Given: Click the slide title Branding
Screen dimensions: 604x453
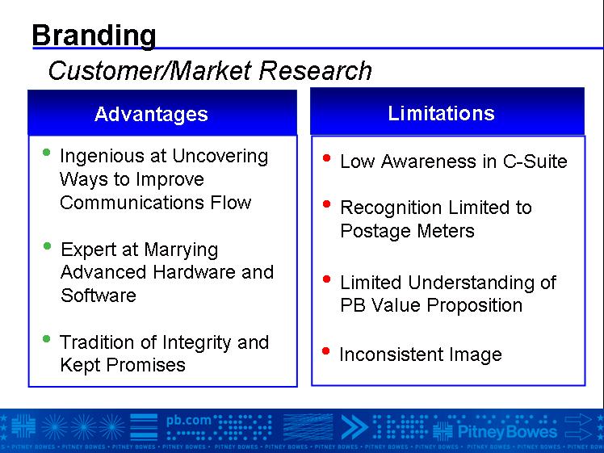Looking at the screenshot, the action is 94,36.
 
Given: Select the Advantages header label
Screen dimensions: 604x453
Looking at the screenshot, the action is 151,115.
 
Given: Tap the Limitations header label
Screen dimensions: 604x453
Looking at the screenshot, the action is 441,113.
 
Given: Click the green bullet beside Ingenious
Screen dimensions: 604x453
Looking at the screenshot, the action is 47,153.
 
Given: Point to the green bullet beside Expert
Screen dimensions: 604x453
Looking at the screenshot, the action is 48,245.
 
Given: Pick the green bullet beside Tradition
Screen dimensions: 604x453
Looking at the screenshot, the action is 47,339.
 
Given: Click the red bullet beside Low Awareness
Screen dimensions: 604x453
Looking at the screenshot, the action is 327,157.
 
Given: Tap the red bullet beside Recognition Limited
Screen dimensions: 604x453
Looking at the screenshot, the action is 327,203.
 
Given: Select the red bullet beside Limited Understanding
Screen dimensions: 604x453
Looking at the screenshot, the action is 327,279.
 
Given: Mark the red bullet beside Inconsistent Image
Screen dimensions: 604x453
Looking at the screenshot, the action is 326,351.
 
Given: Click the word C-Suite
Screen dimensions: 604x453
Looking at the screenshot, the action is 535,161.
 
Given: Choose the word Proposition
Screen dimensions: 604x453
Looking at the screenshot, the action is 475,306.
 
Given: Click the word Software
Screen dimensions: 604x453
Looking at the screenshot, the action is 99,296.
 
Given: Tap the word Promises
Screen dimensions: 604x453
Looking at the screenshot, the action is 145,365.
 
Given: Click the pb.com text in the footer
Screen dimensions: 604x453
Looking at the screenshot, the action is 189,421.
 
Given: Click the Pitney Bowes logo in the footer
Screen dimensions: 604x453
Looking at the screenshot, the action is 495,431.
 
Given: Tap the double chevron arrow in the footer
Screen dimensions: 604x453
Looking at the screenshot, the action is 354,427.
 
